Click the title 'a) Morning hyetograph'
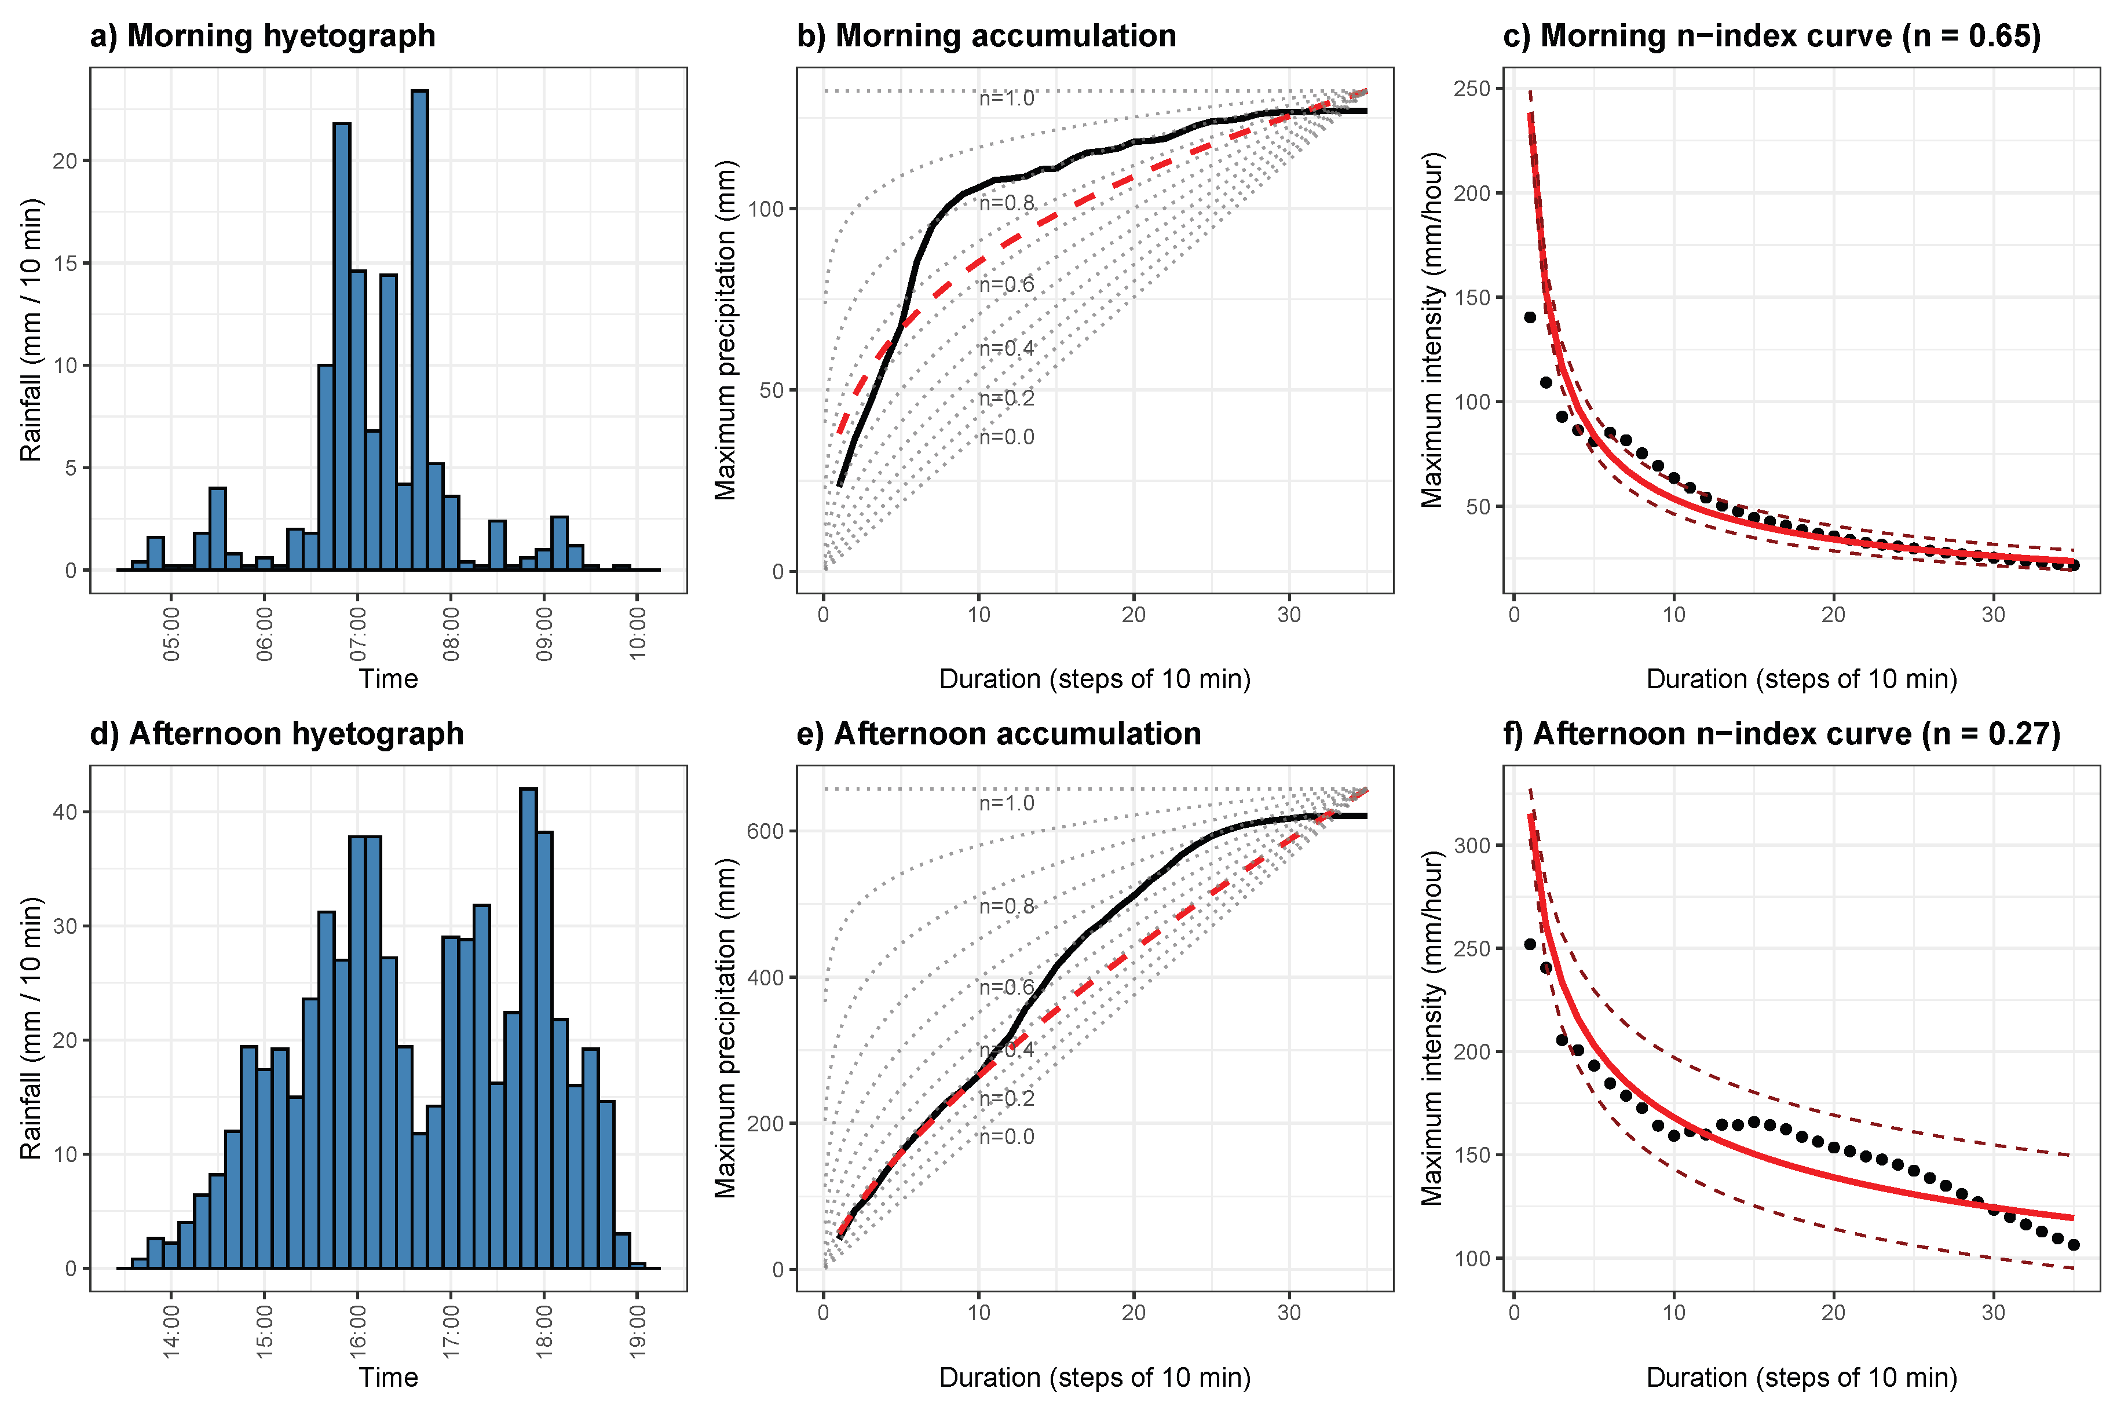pos(262,36)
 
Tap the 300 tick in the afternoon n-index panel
pos(1476,845)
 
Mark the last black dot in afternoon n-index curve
pos(2073,1245)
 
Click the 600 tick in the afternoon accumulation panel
pos(765,830)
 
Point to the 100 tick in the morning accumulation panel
pos(765,209)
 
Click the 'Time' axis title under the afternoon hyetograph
pos(388,1377)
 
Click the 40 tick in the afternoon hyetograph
pos(65,812)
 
